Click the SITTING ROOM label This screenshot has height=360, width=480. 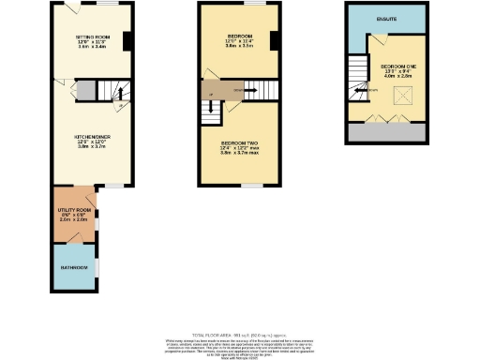point(91,38)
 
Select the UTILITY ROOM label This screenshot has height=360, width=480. point(77,209)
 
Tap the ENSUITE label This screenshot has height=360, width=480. point(383,19)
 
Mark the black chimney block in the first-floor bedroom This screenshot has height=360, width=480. point(274,41)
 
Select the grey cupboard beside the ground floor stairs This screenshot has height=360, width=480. point(82,90)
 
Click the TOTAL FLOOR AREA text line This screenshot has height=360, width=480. point(239,335)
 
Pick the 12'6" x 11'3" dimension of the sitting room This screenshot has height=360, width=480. point(91,44)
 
